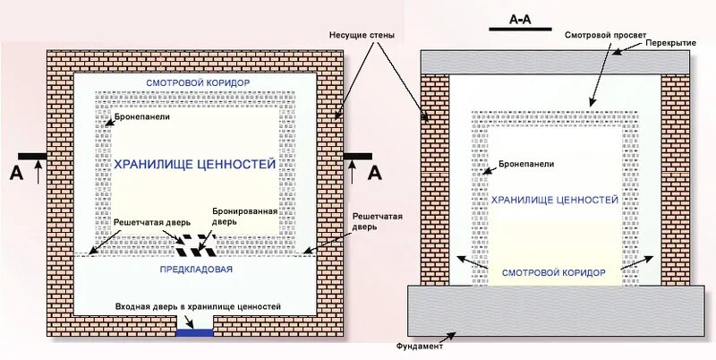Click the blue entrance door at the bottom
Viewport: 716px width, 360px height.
(195, 332)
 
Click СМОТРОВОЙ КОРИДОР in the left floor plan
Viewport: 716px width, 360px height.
(197, 82)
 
